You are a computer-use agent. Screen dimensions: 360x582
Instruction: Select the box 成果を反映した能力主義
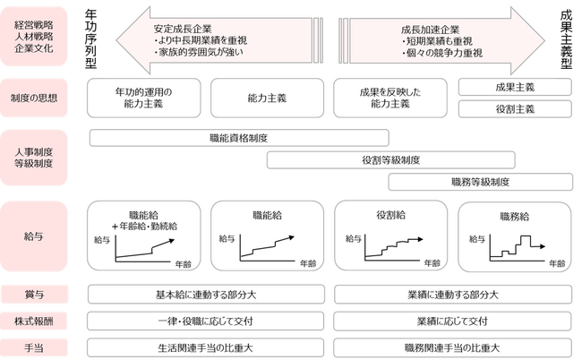tap(390, 98)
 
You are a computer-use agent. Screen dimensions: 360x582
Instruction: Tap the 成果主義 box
tap(514, 87)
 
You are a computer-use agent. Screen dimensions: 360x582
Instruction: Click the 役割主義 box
tap(514, 109)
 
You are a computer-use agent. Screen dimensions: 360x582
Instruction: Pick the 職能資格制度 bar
tap(239, 138)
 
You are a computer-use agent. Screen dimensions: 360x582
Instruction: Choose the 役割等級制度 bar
tap(391, 160)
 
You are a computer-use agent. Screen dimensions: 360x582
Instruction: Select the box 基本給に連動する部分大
tap(208, 296)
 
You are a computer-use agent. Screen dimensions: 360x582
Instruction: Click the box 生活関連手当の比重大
tap(208, 347)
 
